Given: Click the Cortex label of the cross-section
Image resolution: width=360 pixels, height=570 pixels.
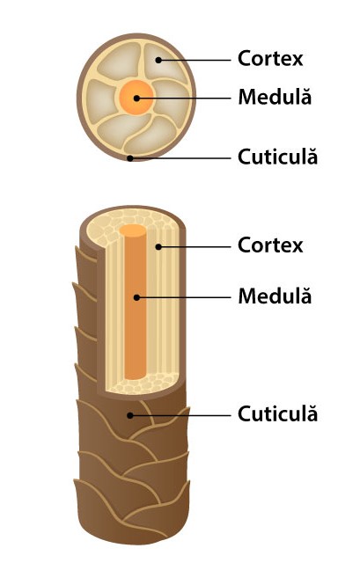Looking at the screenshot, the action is (270, 59).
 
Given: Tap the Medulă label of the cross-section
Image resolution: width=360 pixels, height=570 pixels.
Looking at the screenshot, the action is (275, 97).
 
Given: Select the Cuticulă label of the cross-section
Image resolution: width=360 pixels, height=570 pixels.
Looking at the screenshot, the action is (277, 157).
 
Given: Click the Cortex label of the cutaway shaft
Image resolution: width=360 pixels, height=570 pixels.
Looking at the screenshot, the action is (270, 245).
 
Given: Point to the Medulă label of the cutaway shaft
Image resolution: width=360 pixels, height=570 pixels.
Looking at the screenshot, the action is (275, 296).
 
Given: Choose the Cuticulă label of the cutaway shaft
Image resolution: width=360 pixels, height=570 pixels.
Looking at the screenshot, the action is (277, 413).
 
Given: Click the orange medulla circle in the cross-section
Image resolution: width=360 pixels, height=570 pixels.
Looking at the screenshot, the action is (136, 98).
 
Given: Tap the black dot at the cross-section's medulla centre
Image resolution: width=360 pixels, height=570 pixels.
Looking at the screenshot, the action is (136, 99).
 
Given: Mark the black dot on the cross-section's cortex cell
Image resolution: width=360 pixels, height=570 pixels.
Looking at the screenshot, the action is (158, 60).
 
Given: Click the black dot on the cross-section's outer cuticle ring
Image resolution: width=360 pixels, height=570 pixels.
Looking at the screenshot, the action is (129, 158).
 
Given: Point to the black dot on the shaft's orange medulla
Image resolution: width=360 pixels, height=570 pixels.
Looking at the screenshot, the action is (136, 297).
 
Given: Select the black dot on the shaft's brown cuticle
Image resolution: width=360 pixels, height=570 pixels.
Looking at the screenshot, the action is (129, 415).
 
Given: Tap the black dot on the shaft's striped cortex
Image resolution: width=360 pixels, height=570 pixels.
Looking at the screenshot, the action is (158, 247).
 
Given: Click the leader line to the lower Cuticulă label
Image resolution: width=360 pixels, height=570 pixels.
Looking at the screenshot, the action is (180, 415).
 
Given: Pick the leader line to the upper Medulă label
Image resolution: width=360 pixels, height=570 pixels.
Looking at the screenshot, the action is (184, 99).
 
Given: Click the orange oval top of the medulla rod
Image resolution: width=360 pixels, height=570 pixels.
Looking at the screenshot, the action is (133, 230).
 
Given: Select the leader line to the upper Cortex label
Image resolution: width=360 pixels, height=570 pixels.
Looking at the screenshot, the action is (195, 60).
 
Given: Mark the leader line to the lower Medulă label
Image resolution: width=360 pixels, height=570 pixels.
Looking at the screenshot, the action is (184, 297).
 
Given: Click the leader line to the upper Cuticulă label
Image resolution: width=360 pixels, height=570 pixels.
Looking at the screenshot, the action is (180, 158).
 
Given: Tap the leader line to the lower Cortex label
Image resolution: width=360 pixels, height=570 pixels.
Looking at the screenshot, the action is (195, 247).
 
